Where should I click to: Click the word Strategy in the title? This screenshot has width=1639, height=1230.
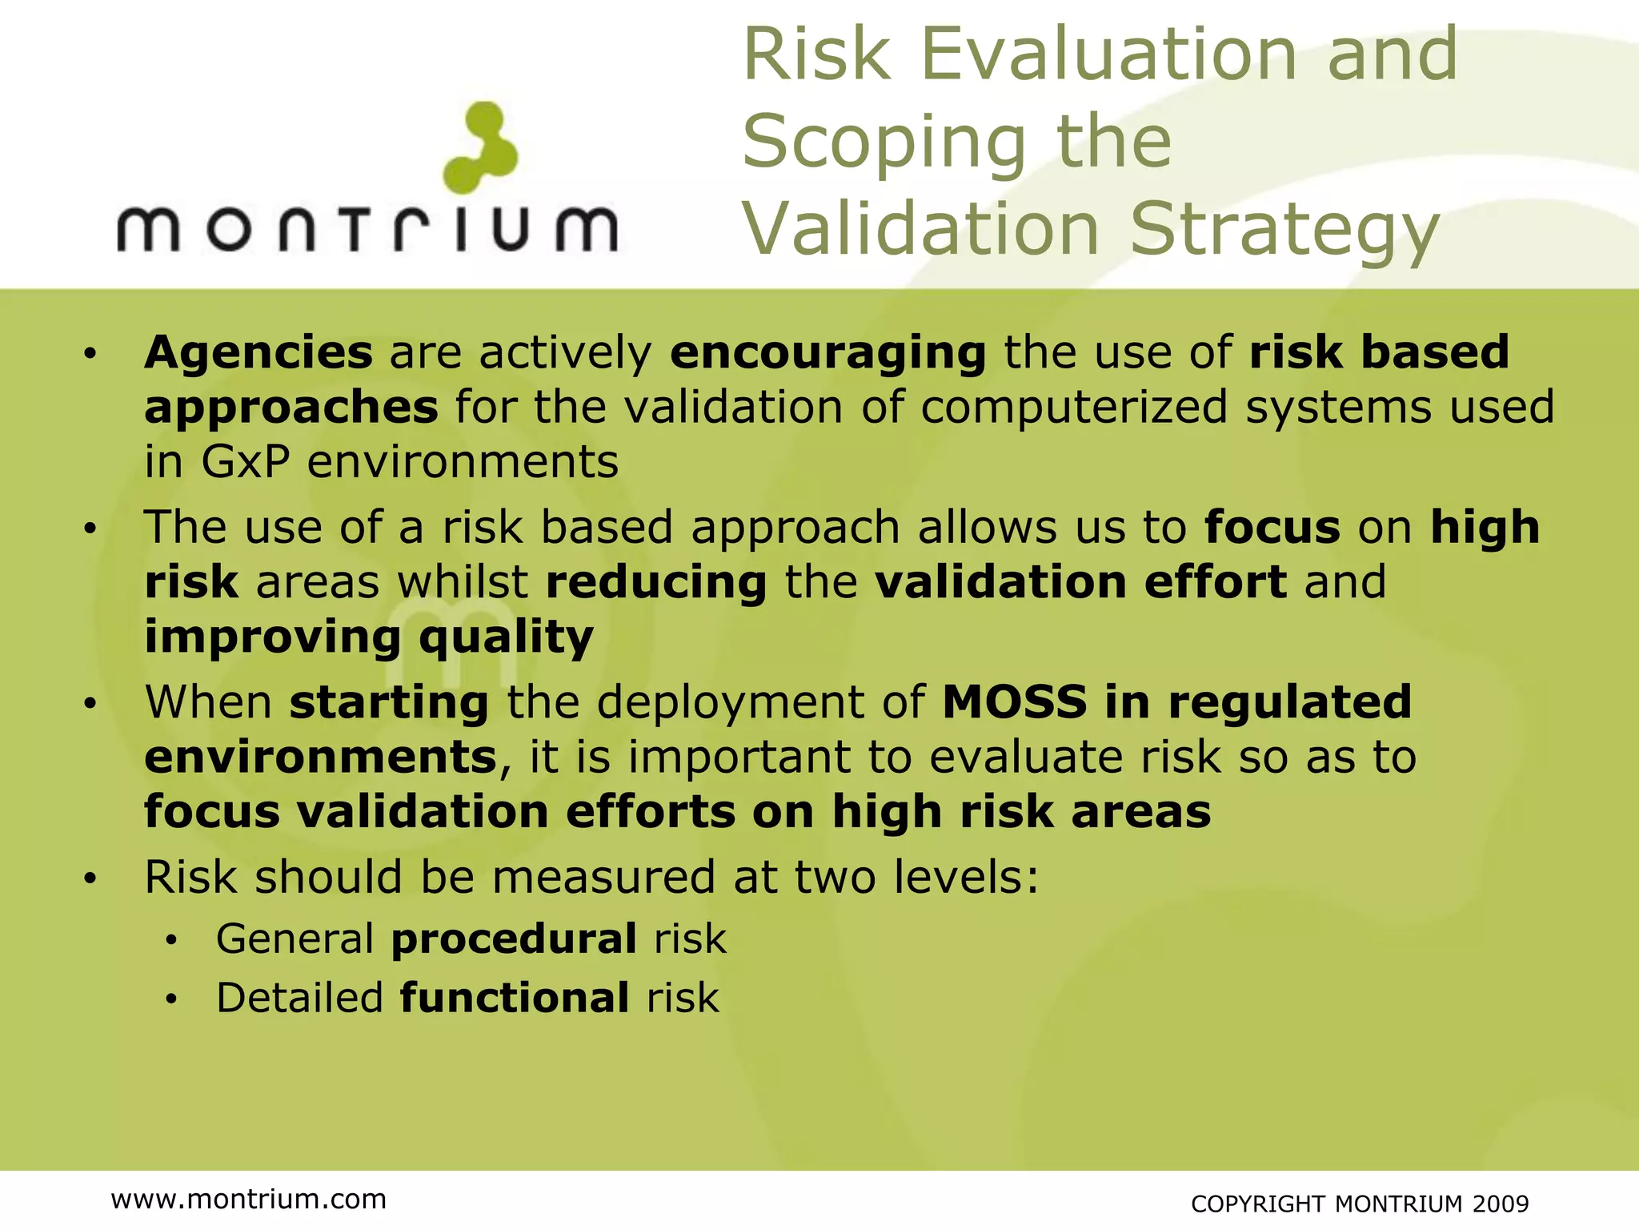[x=1284, y=230]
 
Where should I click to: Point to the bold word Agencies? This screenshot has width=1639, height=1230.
[x=258, y=352]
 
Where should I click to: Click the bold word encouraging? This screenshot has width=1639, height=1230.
[x=828, y=354]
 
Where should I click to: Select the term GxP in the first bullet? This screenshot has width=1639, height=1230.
[x=244, y=462]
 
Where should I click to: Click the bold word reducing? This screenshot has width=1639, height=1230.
[x=656, y=582]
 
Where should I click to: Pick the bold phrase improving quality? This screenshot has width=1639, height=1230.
[x=369, y=638]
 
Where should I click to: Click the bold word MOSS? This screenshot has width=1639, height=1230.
[x=1014, y=702]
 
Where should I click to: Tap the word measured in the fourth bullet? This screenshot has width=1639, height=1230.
[x=603, y=877]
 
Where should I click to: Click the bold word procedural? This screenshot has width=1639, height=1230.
[x=514, y=939]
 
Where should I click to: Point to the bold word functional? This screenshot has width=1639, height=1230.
[x=514, y=998]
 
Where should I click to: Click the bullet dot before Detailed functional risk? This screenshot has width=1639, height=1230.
[x=170, y=1000]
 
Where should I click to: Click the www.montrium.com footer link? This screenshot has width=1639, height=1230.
[x=249, y=1199]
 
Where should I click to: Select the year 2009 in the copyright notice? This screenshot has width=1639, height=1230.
[x=1501, y=1204]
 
